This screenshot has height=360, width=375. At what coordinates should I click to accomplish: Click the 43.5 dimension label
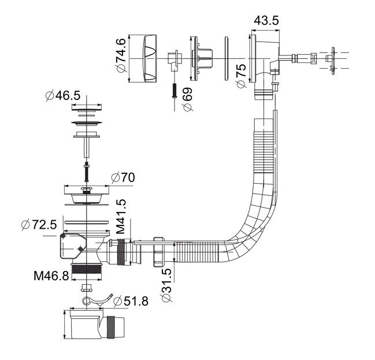point(266,20)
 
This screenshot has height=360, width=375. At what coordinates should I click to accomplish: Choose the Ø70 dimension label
point(122,177)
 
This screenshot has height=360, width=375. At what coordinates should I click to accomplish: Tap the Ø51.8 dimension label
point(131,300)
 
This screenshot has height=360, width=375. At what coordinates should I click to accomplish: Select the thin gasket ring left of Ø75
point(225,58)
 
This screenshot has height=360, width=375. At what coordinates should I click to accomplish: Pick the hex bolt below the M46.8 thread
point(87,287)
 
